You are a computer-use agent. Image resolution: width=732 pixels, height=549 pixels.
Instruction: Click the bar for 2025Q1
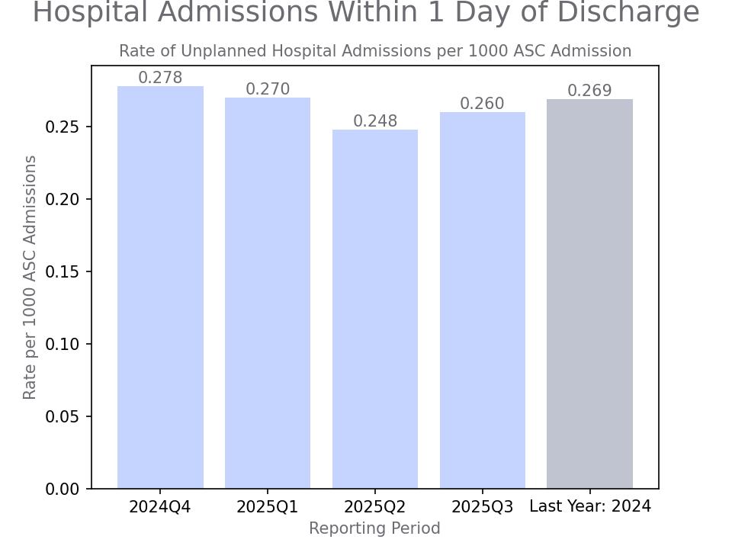(x=268, y=293)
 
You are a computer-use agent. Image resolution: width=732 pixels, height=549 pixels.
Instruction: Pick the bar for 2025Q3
(x=483, y=300)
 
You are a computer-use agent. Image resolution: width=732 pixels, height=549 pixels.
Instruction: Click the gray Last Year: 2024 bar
(x=589, y=294)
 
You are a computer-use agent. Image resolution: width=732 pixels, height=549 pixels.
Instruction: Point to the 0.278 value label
(x=160, y=78)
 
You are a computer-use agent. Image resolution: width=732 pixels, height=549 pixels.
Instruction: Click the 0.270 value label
(x=268, y=89)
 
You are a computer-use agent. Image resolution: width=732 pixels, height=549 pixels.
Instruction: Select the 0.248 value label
(x=375, y=121)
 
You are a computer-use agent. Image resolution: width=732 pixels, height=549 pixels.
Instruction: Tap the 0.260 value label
(x=483, y=104)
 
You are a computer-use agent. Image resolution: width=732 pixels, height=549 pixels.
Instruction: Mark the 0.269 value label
(x=589, y=91)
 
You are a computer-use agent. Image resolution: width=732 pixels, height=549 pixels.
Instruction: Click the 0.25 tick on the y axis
(x=62, y=127)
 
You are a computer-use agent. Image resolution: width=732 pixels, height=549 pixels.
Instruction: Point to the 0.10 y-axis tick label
(x=62, y=344)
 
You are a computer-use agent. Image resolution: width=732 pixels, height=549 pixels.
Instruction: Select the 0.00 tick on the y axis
(x=62, y=489)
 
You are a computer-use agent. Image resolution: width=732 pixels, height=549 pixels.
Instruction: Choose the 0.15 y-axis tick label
(x=62, y=271)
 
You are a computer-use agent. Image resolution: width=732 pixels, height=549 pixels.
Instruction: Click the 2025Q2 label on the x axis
(x=375, y=507)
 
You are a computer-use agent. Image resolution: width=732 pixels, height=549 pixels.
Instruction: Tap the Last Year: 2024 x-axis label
(x=589, y=506)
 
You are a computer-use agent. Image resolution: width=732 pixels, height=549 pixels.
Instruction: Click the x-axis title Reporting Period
(x=374, y=528)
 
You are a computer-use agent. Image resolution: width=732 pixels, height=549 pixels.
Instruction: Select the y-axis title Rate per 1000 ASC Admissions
(x=30, y=277)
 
